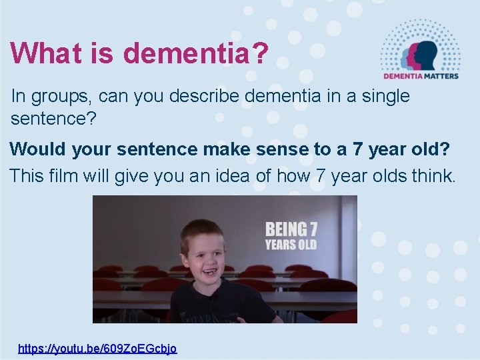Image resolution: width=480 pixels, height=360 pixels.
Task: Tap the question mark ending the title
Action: click(x=260, y=53)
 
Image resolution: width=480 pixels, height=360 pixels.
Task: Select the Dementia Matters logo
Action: click(x=420, y=49)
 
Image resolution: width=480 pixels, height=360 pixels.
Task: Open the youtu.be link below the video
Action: click(x=97, y=348)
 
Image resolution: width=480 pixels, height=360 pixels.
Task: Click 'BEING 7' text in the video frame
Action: click(x=291, y=230)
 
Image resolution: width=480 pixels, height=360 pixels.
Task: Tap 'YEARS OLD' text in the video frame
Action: click(x=291, y=245)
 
